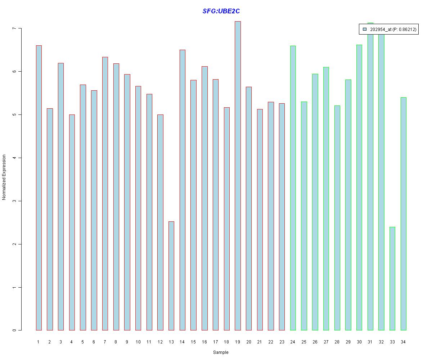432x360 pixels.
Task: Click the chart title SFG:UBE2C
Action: [x=221, y=11]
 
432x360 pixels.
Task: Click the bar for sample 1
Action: [x=39, y=188]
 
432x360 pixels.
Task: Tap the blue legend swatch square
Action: [x=364, y=30]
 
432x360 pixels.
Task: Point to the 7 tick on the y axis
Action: [x=14, y=28]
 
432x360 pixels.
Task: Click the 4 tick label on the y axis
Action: [x=14, y=158]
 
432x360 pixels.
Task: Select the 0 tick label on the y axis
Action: [x=14, y=330]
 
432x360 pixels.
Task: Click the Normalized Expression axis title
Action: [x=4, y=177]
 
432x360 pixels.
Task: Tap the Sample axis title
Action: [x=221, y=352]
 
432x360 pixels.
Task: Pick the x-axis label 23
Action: [x=282, y=342]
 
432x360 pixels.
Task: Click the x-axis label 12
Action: [x=160, y=342]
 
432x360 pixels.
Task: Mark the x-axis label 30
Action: [x=359, y=342]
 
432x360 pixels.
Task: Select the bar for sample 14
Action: [x=183, y=190]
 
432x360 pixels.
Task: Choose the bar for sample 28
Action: [x=337, y=218]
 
